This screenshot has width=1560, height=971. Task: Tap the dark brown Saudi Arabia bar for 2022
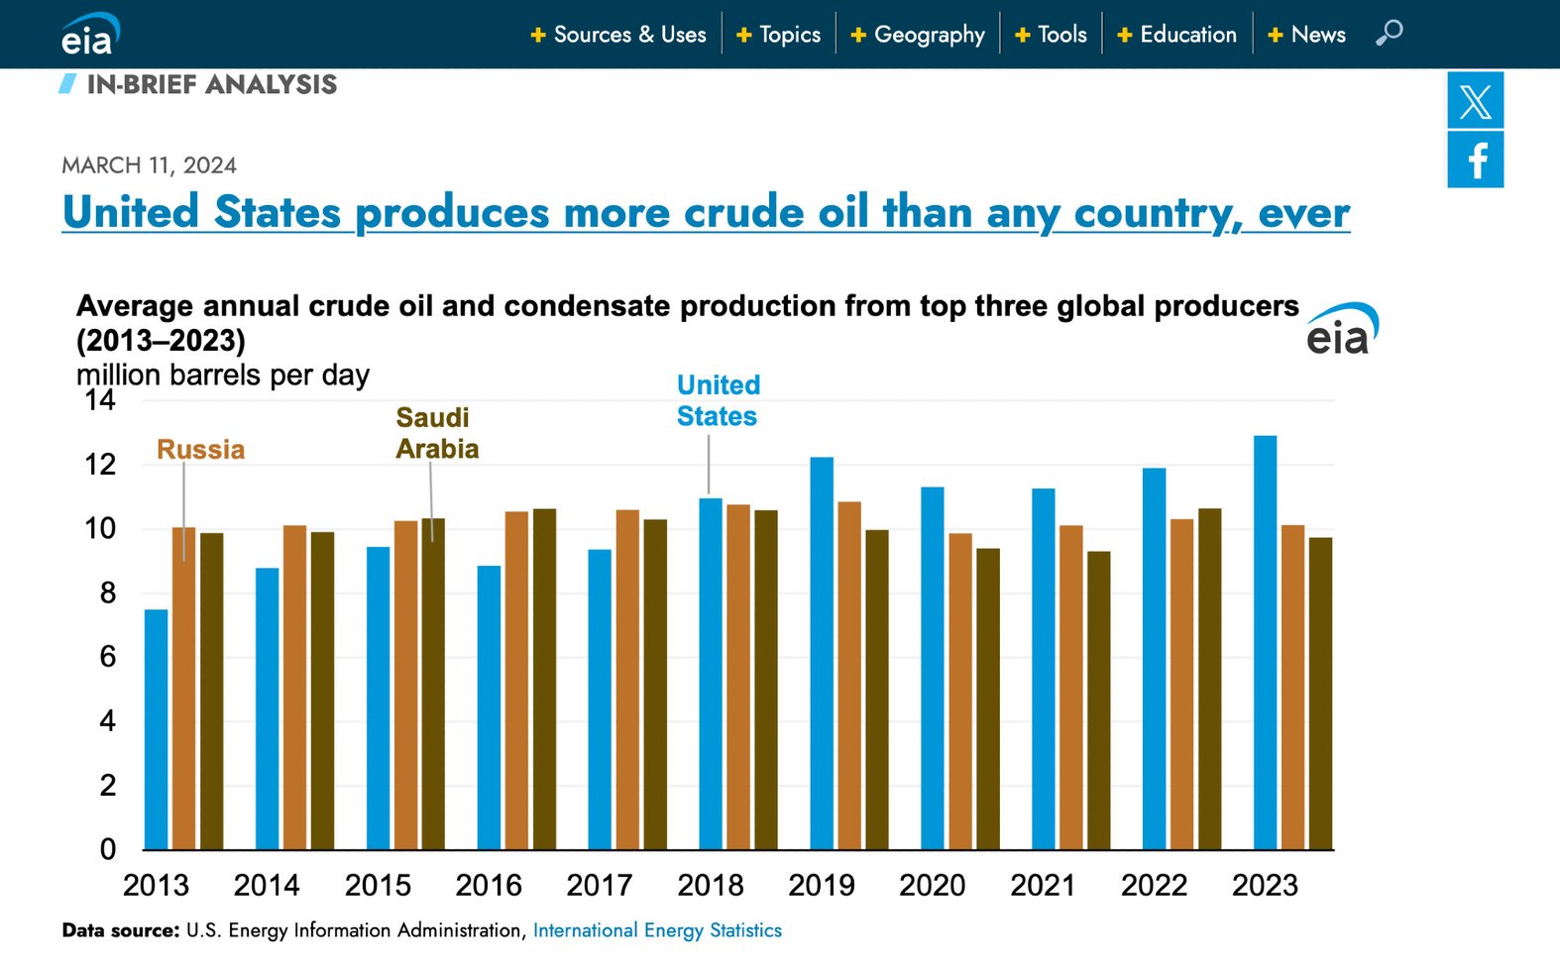point(1209,679)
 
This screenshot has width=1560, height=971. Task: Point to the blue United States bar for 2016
point(489,707)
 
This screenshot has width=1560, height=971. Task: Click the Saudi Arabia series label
point(436,433)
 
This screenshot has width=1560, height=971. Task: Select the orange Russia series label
point(200,450)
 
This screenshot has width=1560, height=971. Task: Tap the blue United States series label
point(718,400)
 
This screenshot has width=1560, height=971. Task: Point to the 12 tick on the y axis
point(100,465)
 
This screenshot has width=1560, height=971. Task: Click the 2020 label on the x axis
point(932,885)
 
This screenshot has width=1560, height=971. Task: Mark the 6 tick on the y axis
point(107,657)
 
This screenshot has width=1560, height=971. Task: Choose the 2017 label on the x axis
point(599,885)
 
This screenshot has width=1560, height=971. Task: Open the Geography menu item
point(918,35)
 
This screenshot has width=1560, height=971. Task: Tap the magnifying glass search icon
point(1389,33)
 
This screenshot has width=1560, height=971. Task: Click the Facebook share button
point(1475,160)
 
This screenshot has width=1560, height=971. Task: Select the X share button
point(1475,101)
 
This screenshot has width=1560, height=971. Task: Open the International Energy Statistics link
point(657,930)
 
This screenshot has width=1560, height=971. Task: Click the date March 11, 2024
point(149,165)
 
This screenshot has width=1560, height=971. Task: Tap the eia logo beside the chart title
point(1342,330)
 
